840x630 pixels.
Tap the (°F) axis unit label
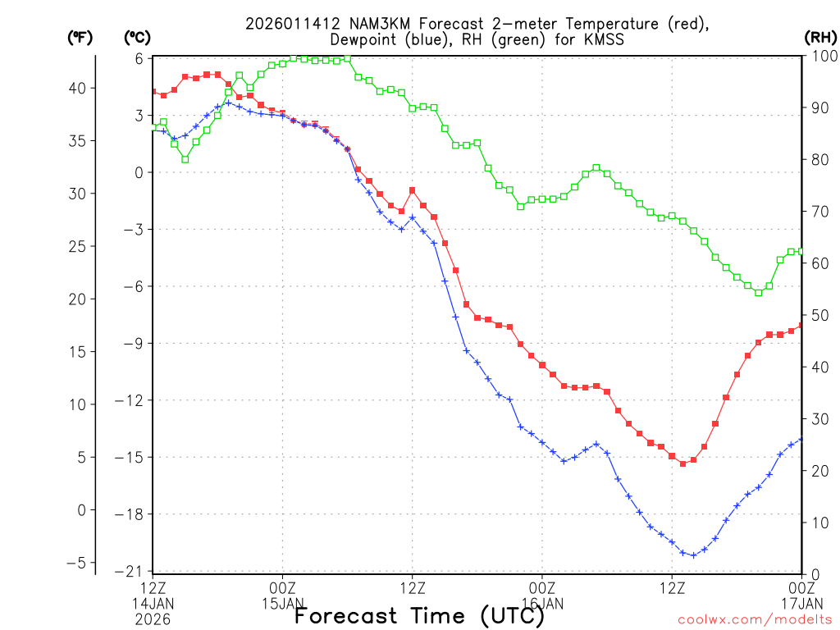(x=80, y=38)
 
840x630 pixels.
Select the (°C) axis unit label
(x=138, y=38)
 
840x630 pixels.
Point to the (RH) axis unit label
(x=821, y=38)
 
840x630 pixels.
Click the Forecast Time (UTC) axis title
(x=419, y=614)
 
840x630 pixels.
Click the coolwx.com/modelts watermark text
(x=754, y=619)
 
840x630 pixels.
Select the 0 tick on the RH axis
(x=811, y=573)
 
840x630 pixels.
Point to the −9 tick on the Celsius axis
(x=135, y=343)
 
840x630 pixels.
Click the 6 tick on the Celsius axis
(x=139, y=58)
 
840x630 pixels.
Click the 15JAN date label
(x=282, y=604)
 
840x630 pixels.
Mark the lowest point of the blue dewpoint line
(x=693, y=555)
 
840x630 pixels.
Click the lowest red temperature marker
(x=682, y=463)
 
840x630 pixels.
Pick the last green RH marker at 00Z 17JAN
(x=801, y=251)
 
